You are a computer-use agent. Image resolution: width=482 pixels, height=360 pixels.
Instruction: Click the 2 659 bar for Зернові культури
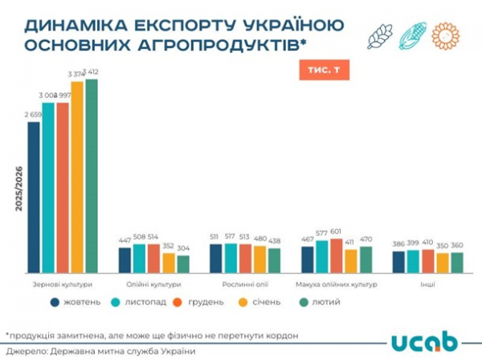point(34,197)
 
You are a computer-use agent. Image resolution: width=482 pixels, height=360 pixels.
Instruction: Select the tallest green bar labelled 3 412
point(92,177)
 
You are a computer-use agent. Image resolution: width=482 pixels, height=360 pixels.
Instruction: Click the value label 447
point(125,240)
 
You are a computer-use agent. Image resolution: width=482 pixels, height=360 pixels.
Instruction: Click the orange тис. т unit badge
point(322,70)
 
